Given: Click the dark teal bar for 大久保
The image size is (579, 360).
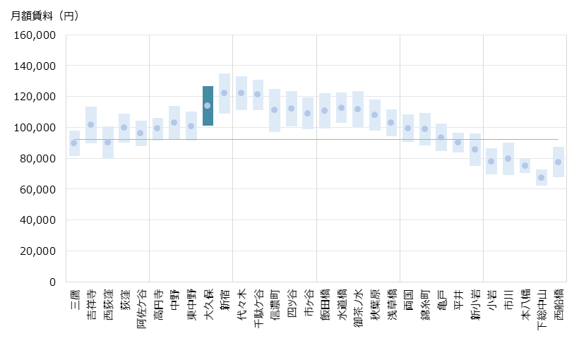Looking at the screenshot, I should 208,106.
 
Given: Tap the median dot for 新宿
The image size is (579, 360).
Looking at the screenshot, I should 225,92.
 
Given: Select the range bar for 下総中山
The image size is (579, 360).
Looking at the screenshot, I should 542,177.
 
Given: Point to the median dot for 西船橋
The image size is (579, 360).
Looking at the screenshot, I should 558,162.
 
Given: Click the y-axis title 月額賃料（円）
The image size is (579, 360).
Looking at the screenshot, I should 44,16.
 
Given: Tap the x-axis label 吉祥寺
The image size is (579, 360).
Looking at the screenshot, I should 91,305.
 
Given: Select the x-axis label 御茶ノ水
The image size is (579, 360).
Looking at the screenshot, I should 358,308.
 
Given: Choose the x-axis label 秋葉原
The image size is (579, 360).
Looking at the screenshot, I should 375,305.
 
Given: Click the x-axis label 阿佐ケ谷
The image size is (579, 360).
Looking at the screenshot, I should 141,308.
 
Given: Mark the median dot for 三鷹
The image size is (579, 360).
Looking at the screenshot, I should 74,143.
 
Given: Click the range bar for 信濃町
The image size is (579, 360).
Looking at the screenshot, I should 275,110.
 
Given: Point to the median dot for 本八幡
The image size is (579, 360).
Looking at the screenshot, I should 525,165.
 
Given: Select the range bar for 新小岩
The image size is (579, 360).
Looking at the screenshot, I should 475,150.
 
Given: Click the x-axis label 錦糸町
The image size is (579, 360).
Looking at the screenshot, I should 425,305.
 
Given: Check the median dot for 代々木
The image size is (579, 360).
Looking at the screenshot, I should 241,92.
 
